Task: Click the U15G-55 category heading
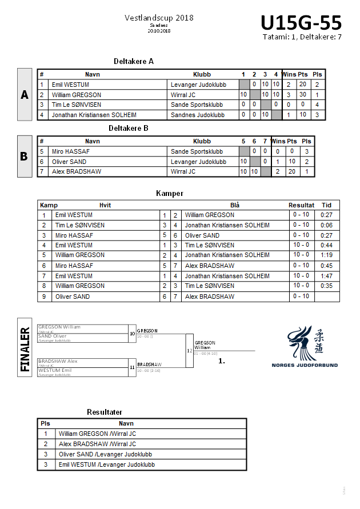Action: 301,23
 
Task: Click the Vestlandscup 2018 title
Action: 159,18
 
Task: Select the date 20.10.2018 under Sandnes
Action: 159,31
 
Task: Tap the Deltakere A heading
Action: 134,61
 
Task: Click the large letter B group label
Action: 24,155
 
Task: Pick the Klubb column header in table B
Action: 202,141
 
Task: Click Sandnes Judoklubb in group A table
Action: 198,115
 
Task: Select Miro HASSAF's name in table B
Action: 70,151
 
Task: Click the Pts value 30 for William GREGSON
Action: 303,95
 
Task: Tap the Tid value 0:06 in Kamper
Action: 326,225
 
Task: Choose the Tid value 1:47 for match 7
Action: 326,276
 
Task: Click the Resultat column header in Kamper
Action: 301,205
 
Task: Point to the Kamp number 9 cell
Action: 44,296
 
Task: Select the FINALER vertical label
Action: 25,349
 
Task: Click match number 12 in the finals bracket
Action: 189,350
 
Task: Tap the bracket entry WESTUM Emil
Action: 55,370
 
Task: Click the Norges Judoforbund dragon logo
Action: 312,345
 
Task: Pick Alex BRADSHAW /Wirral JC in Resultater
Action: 97,444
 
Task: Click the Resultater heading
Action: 105,412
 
